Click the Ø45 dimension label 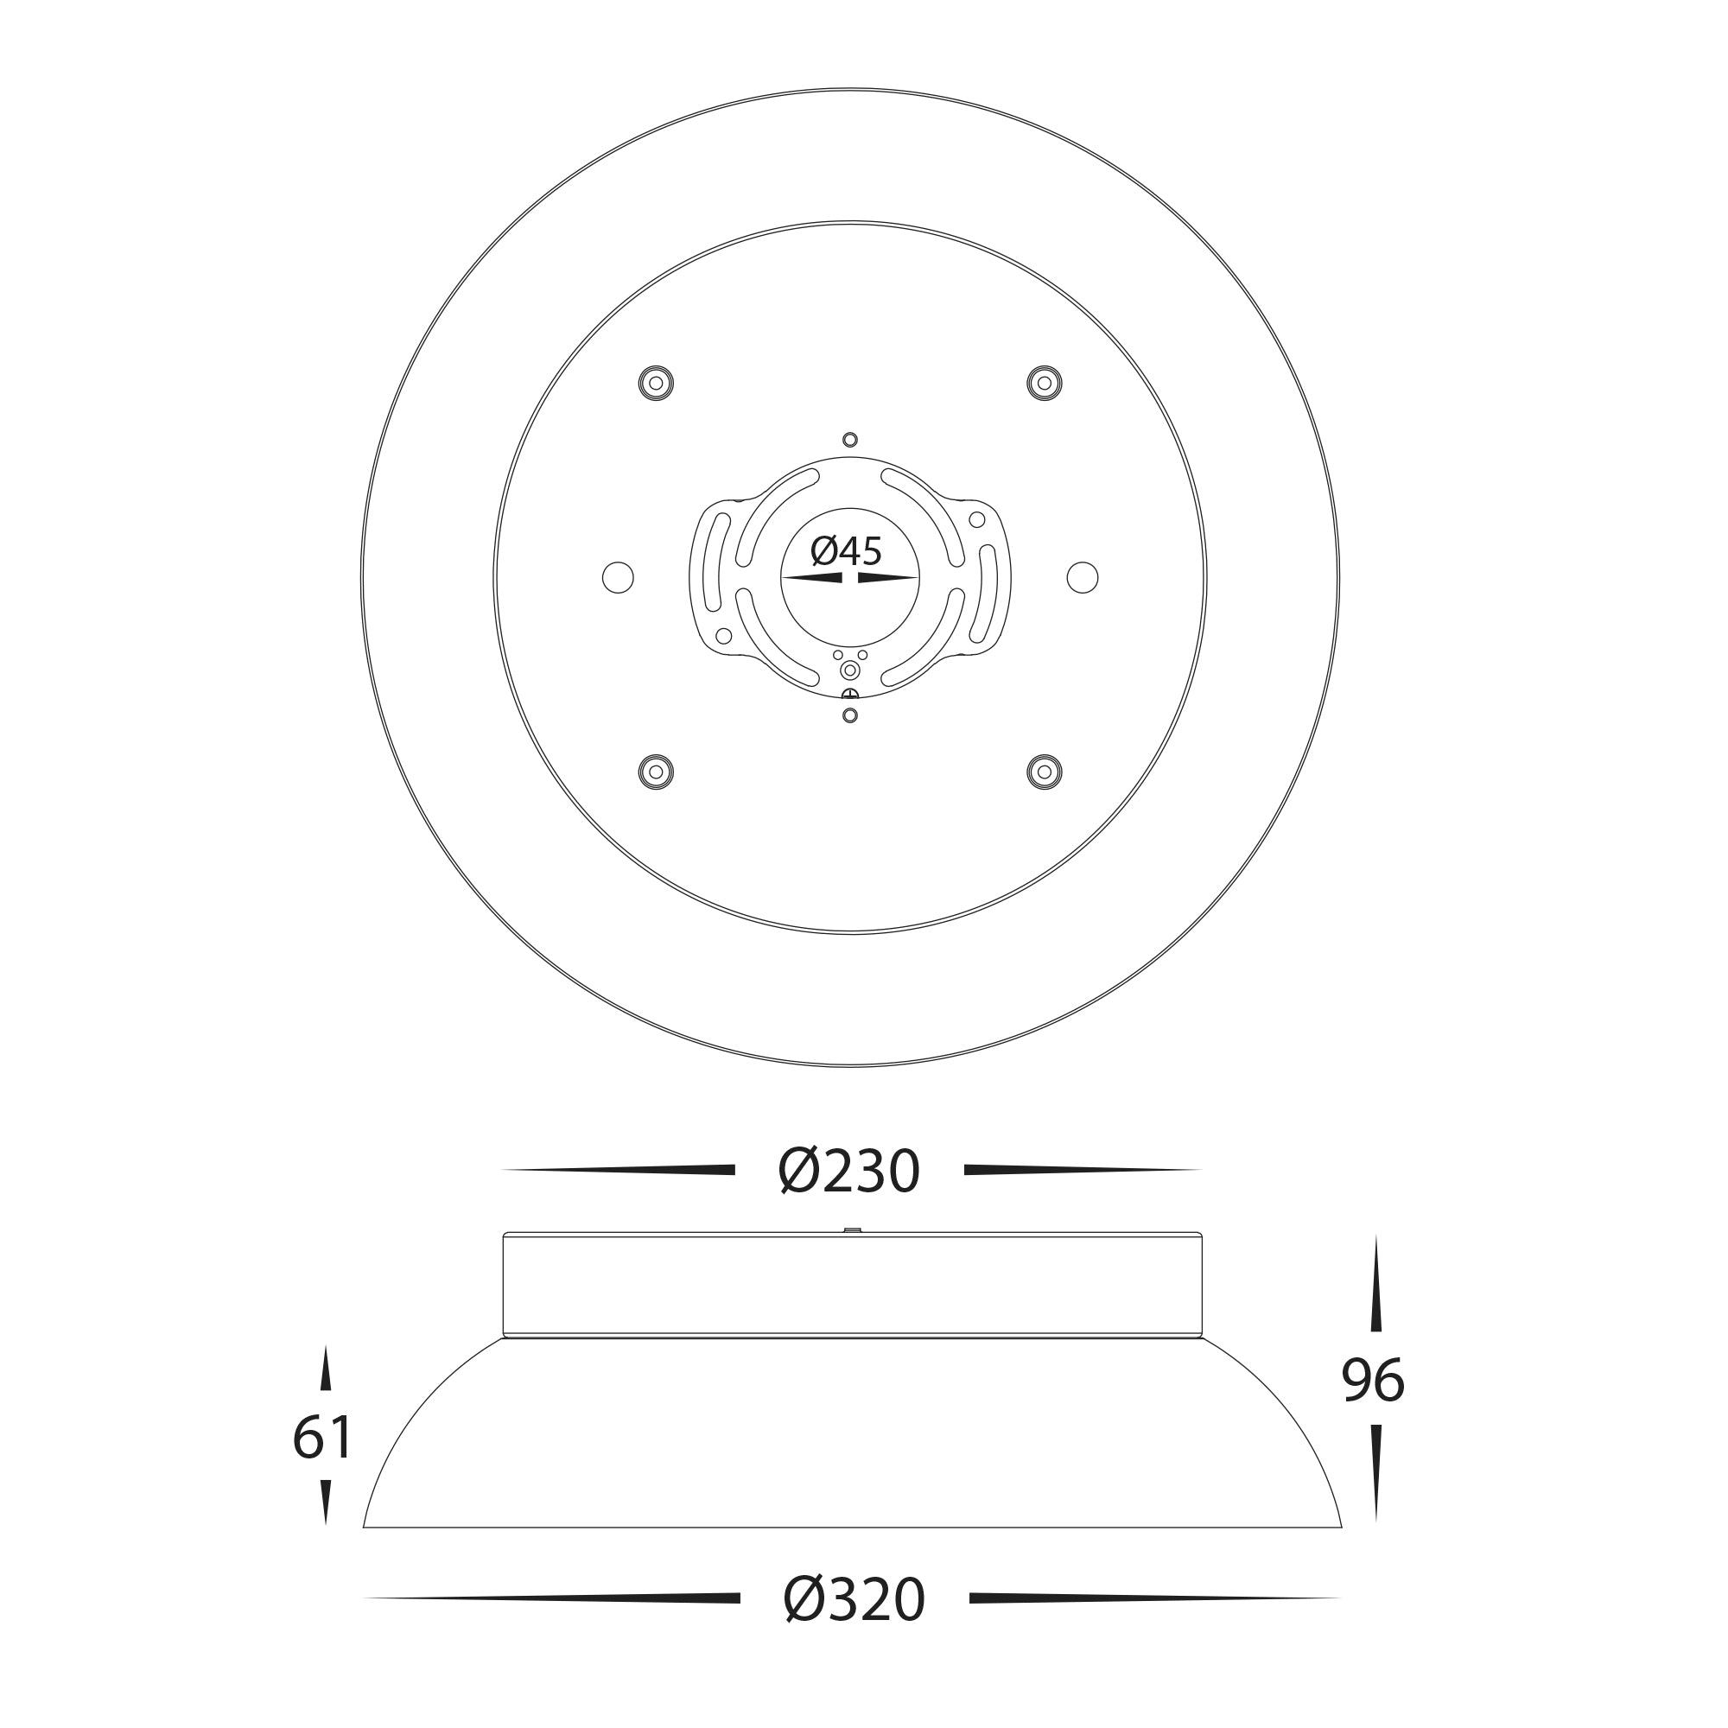[846, 551]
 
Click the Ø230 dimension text [848, 1171]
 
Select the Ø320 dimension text [854, 1599]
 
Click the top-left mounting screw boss [656, 383]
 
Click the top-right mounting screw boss [1044, 383]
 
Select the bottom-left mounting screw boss [656, 772]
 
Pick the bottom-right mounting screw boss [1044, 772]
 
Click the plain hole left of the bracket [618, 577]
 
